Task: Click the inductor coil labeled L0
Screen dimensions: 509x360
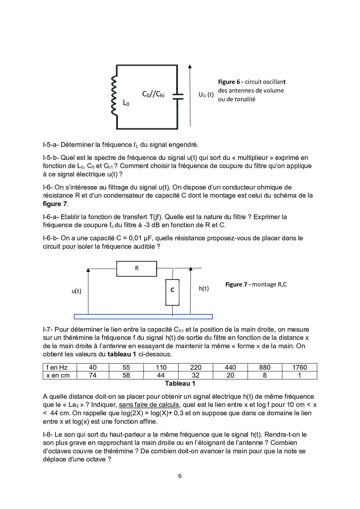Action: click(114, 96)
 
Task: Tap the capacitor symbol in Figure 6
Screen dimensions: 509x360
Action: click(178, 96)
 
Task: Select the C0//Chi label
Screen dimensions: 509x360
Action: click(153, 94)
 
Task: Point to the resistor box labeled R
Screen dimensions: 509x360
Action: click(137, 268)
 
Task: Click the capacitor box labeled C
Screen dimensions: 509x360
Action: click(172, 292)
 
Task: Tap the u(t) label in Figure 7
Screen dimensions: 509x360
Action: click(76, 291)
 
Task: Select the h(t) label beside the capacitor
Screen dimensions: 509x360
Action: click(204, 288)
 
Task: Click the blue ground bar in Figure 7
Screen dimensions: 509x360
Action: click(143, 317)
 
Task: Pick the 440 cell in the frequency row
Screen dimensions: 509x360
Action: click(230, 367)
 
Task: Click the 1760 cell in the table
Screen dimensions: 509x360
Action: click(299, 367)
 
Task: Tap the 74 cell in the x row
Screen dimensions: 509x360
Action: click(93, 375)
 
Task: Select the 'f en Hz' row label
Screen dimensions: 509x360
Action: click(57, 367)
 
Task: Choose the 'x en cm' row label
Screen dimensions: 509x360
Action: click(58, 375)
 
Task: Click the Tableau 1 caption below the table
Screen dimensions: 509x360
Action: click(180, 383)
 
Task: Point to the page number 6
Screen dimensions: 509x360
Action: click(180, 476)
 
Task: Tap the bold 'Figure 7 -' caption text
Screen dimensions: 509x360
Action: click(238, 284)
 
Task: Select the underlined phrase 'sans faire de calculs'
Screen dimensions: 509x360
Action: click(149, 405)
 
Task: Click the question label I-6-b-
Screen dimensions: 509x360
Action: click(51, 238)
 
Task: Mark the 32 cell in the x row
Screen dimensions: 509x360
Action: click(196, 375)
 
